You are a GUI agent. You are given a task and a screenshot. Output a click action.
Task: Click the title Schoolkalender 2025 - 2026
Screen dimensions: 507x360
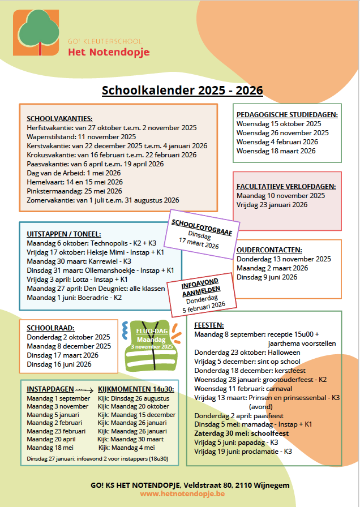(x=182, y=91)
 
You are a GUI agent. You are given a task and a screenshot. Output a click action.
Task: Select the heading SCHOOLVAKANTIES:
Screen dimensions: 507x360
(x=59, y=118)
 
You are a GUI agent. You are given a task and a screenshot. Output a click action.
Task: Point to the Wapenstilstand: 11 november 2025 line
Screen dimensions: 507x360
(x=82, y=136)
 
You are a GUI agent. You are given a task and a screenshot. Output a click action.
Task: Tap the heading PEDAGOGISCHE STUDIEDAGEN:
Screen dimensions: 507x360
(x=287, y=114)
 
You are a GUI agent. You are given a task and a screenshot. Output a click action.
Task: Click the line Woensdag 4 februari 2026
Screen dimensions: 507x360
(x=277, y=142)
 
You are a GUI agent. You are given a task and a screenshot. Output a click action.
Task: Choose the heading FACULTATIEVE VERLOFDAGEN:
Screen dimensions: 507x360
(x=286, y=186)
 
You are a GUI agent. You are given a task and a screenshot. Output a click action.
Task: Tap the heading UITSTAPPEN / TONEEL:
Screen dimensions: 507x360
(x=64, y=234)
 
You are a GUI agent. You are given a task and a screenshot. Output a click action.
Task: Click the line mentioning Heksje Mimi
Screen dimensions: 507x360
(x=96, y=252)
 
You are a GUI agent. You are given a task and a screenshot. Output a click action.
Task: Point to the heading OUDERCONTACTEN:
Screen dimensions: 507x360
(x=269, y=250)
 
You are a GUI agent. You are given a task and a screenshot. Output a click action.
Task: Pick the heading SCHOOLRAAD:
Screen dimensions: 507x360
(x=51, y=328)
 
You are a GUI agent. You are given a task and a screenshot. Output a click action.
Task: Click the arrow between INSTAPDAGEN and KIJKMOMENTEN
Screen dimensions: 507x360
(x=85, y=389)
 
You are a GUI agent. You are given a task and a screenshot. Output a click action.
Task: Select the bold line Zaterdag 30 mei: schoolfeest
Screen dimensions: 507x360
(x=242, y=433)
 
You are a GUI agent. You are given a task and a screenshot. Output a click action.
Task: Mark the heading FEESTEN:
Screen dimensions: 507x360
(x=209, y=325)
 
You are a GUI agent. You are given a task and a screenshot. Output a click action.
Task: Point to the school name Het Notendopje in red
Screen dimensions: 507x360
(x=109, y=53)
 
